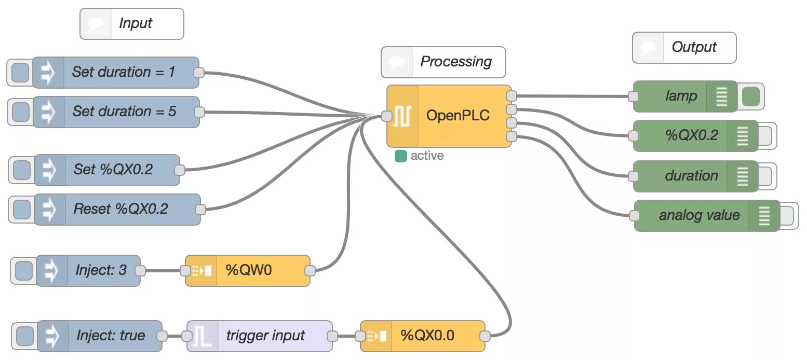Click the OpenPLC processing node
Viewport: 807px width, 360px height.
457,116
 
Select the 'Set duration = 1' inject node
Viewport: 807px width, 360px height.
123,72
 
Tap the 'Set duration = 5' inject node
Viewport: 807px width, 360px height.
124,112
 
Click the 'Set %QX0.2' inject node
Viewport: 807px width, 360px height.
113,170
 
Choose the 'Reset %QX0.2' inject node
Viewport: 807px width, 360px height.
120,209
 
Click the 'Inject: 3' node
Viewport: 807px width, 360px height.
100,270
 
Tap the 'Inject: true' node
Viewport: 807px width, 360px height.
110,336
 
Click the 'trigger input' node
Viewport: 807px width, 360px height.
265,336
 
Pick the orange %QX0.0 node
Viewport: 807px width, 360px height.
427,336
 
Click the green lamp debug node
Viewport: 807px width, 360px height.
681,96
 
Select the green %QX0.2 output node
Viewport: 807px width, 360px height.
691,135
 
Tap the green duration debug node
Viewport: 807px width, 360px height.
691,176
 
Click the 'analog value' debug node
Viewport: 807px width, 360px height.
698,215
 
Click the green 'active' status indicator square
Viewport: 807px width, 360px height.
400,156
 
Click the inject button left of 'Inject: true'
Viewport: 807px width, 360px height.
25,336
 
